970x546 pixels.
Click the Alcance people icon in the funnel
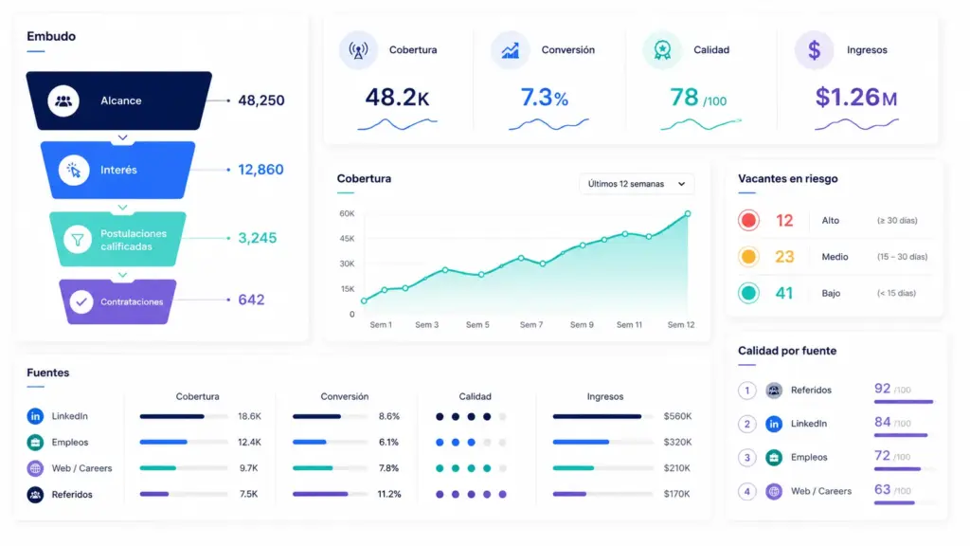click(63, 100)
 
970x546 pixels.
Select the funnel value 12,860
click(260, 170)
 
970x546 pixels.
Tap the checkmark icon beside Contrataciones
click(81, 301)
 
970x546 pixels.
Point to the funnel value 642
click(251, 300)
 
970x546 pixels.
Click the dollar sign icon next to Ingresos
click(814, 49)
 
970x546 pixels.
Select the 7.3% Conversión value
click(544, 98)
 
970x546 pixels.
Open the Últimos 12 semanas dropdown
click(637, 184)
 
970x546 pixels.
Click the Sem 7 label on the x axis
click(531, 324)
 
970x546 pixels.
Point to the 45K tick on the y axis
click(347, 238)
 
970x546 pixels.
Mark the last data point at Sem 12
click(688, 213)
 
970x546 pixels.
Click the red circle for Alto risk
click(748, 220)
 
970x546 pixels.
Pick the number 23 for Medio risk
click(784, 256)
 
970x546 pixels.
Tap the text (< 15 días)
click(896, 293)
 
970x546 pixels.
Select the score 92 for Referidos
click(882, 388)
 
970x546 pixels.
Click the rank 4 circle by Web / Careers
click(746, 491)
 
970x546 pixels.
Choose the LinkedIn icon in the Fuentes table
click(35, 416)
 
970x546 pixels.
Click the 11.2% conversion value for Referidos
click(389, 494)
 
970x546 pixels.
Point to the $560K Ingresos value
click(677, 416)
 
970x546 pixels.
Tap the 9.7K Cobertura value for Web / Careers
click(249, 468)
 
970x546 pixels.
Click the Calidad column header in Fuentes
click(476, 396)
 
